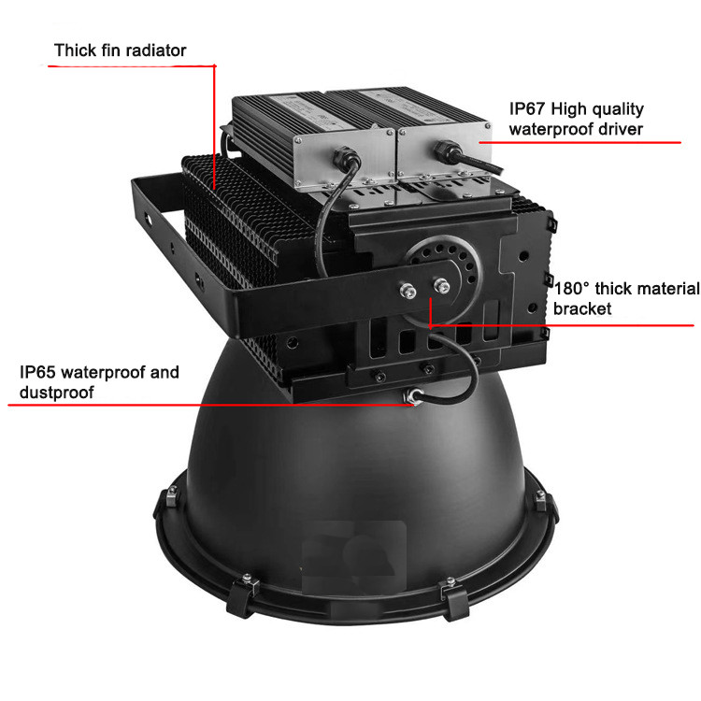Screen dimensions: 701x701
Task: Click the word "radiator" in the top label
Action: (154, 50)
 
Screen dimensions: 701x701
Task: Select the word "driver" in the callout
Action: (621, 129)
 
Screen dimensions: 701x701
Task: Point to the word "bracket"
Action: (582, 309)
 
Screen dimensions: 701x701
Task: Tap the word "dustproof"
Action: (57, 393)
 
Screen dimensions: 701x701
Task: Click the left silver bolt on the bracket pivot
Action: (408, 292)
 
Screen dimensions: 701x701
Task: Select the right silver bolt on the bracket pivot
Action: (441, 285)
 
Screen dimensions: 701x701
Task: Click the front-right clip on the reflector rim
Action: (454, 598)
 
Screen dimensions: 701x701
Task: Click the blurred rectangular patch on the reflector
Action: (354, 557)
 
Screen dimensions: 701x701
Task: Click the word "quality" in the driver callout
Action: (617, 109)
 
